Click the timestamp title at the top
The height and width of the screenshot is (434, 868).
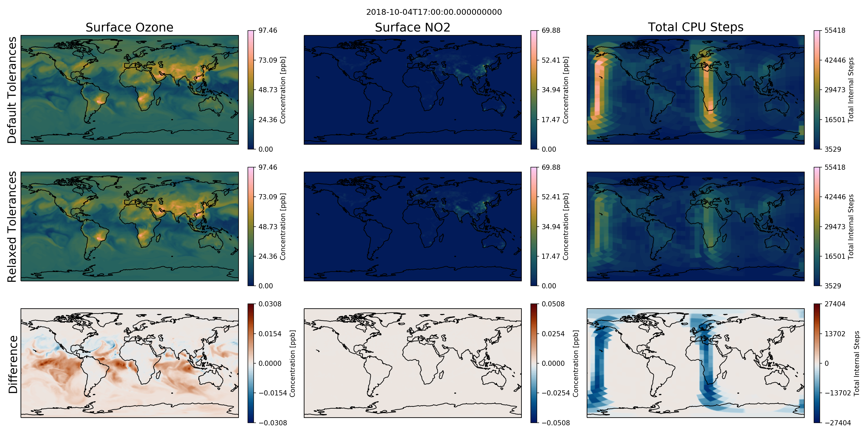coord(434,12)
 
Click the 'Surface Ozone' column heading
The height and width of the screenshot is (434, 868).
coord(129,27)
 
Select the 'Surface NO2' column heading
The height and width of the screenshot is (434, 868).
coord(412,27)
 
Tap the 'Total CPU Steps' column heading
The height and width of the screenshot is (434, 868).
coord(695,27)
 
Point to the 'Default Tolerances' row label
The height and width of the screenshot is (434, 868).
coord(12,90)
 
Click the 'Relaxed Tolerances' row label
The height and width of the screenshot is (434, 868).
coord(12,226)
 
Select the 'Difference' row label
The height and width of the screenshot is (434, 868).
coord(13,364)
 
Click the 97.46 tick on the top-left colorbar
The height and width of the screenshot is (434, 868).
coord(268,30)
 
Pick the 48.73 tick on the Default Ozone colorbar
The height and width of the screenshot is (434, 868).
coord(268,90)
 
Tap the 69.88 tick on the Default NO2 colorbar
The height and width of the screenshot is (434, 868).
coord(551,30)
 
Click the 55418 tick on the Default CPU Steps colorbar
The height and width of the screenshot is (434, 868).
coord(835,30)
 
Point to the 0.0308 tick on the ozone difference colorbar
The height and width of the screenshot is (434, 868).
coord(270,304)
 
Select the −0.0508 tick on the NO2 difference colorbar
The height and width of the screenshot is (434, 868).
coord(556,423)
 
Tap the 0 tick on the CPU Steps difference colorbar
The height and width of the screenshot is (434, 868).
coord(827,363)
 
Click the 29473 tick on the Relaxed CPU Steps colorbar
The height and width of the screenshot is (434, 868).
coord(835,226)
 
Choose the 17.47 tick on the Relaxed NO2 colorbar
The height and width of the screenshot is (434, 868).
coord(551,256)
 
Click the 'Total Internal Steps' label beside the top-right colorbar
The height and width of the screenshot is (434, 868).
coord(851,90)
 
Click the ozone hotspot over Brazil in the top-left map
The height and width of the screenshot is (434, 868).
coord(100,100)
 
